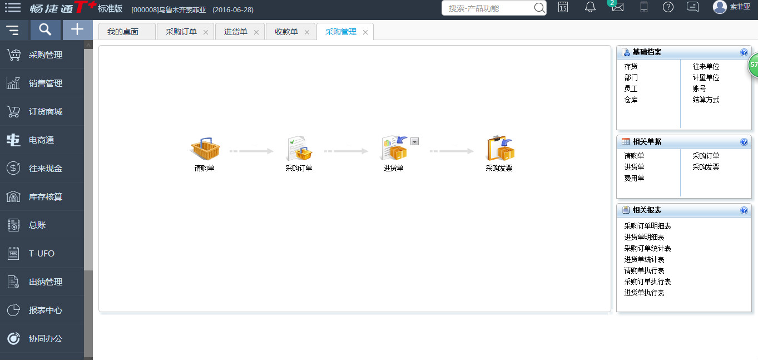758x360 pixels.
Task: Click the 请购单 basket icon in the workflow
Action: [205, 149]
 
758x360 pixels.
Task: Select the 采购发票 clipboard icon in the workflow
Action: [500, 148]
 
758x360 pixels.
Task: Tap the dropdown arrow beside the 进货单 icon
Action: [414, 141]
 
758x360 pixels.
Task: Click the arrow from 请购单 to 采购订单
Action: [251, 151]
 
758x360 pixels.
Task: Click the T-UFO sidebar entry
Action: [42, 254]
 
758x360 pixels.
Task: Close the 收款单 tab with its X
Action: [307, 32]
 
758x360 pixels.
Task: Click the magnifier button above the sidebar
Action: [45, 30]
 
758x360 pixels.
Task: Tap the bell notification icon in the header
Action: [590, 7]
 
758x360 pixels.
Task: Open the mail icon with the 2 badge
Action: [617, 7]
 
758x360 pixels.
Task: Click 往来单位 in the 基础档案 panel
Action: [706, 66]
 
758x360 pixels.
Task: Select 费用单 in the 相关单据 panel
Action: [634, 178]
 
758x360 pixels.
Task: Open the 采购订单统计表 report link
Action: [647, 248]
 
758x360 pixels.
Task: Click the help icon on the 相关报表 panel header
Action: [744, 210]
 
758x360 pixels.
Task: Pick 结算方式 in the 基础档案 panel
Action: [706, 100]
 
